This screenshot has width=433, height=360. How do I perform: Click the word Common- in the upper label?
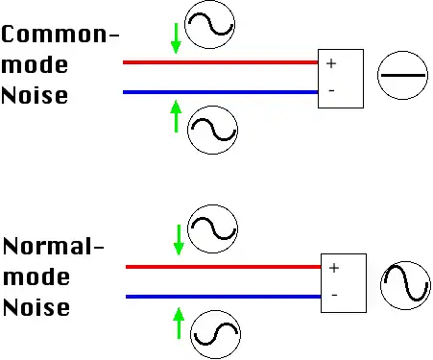click(x=60, y=35)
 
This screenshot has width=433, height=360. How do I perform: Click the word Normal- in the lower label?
click(x=54, y=246)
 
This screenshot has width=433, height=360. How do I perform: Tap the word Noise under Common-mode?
click(x=35, y=95)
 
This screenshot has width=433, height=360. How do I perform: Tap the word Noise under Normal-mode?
click(x=36, y=307)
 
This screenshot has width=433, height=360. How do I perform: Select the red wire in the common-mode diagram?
click(x=221, y=62)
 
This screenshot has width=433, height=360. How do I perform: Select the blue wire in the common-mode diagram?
click(x=221, y=92)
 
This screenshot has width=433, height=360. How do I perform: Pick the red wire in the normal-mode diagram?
click(x=224, y=267)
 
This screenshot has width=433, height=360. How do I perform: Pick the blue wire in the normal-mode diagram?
click(x=224, y=297)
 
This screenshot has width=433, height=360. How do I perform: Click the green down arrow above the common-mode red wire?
click(x=176, y=38)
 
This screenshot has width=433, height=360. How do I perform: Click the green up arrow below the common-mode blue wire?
click(x=176, y=116)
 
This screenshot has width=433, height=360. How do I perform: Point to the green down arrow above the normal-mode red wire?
click(x=179, y=240)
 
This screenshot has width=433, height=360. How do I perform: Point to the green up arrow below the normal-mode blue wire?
click(x=179, y=324)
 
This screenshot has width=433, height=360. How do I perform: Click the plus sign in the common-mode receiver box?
click(x=331, y=63)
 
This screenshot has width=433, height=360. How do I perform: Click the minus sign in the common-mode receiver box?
click(x=331, y=91)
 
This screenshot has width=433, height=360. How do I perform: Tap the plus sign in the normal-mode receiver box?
click(x=334, y=268)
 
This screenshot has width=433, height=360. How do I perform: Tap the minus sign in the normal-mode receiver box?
click(x=334, y=295)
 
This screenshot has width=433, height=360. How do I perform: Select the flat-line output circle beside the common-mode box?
click(x=402, y=51)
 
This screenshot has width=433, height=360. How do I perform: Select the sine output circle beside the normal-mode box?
click(x=405, y=262)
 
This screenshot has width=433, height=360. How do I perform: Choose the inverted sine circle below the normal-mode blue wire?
click(x=215, y=311)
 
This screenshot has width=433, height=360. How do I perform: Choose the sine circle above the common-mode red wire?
click(x=209, y=1)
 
